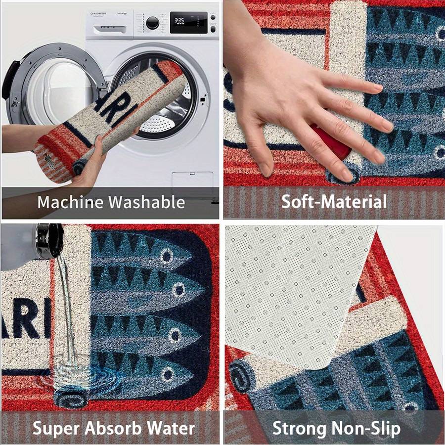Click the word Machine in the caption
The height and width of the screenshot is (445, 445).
70,202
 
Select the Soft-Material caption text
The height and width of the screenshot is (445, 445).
334,202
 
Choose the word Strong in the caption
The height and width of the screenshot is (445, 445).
296,428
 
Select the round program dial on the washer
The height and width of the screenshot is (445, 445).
153,22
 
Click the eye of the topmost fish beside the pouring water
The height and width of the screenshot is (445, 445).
167,256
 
